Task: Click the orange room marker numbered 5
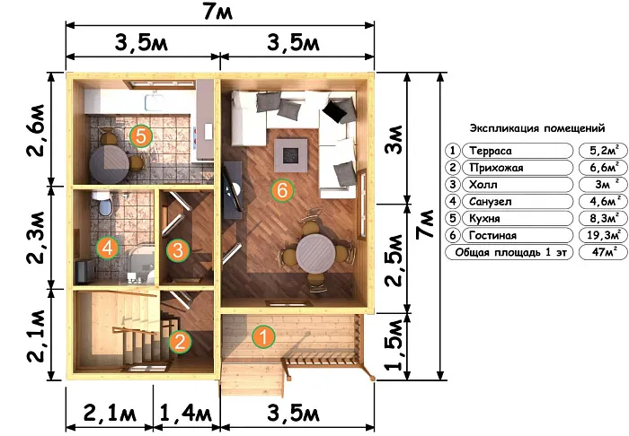click(141, 136)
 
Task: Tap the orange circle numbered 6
click(282, 190)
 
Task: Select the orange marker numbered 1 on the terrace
click(263, 336)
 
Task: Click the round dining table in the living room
click(315, 254)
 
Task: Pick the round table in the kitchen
click(109, 164)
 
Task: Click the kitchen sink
click(154, 102)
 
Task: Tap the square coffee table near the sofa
click(291, 155)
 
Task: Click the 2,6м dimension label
click(40, 130)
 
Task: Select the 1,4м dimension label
click(186, 413)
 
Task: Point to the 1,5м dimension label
click(394, 344)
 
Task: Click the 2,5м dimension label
click(394, 261)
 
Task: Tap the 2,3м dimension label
click(40, 238)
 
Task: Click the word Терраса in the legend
click(491, 151)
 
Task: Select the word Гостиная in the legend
click(492, 235)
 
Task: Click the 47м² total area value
click(604, 252)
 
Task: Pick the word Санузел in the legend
click(491, 201)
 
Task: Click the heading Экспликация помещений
click(537, 128)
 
